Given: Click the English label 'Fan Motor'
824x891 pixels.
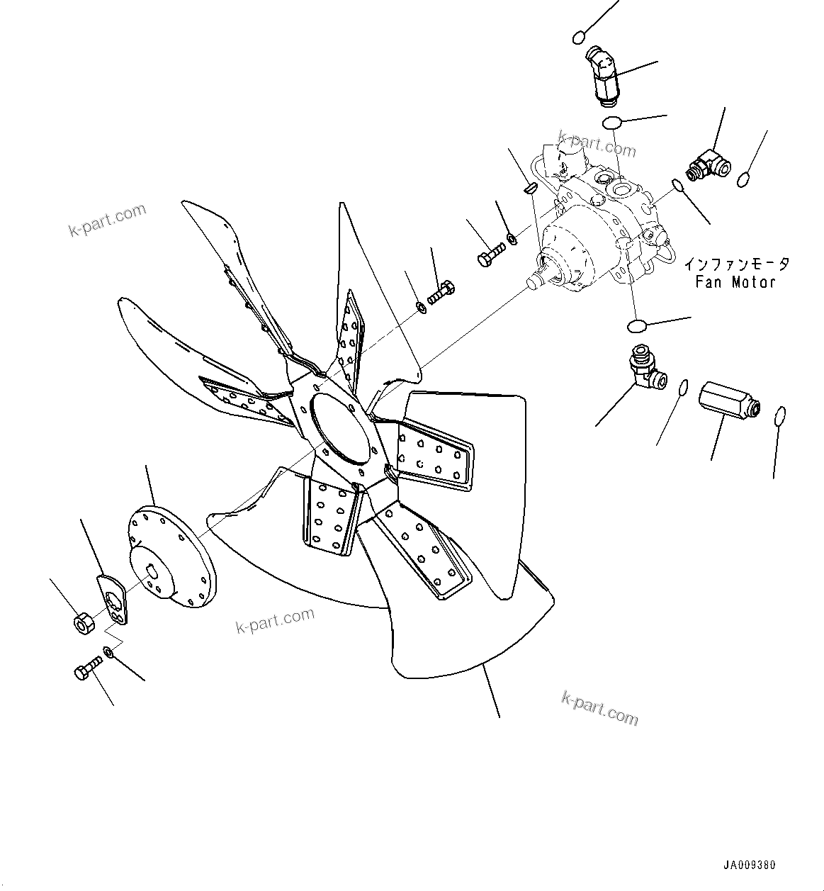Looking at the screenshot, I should (735, 282).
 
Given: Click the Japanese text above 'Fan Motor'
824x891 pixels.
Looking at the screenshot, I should (736, 265).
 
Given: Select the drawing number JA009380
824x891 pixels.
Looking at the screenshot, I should (750, 865).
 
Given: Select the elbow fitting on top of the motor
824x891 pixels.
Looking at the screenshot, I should (601, 71).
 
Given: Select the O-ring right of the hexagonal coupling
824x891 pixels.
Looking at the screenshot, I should (778, 416).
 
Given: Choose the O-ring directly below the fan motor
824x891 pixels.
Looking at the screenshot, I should (637, 325).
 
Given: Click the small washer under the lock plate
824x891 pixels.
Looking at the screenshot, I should (108, 651).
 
